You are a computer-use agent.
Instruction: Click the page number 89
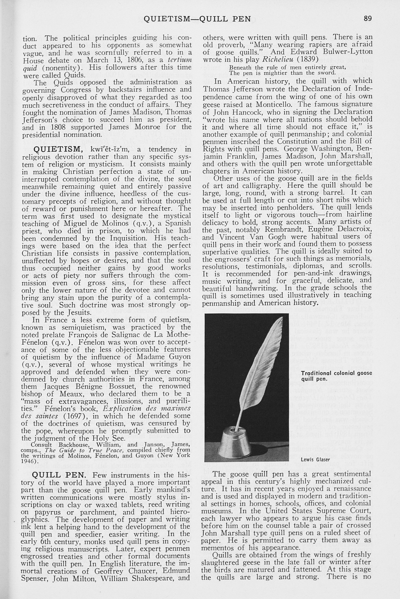click(x=368, y=19)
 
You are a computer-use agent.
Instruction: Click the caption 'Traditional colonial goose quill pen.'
click(x=336, y=376)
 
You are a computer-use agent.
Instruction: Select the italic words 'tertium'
click(x=180, y=60)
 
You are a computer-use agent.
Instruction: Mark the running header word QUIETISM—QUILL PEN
click(x=197, y=19)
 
